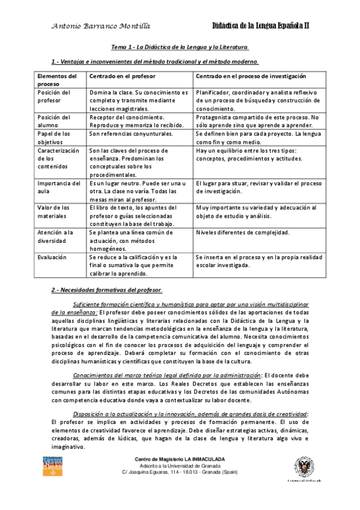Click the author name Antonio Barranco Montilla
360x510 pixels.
point(101,26)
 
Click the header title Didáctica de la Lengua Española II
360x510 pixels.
point(261,26)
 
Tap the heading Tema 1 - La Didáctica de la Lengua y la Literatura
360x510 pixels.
point(180,46)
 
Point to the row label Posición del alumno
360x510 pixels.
point(53,121)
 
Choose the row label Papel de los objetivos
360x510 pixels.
point(53,137)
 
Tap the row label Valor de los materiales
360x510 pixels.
point(53,211)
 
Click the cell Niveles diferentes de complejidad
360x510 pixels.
point(243,232)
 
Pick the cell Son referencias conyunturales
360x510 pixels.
point(131,134)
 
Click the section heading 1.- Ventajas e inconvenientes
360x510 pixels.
point(155,61)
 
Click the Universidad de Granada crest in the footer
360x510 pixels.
point(304,467)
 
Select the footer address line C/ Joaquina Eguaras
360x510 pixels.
point(180,474)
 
